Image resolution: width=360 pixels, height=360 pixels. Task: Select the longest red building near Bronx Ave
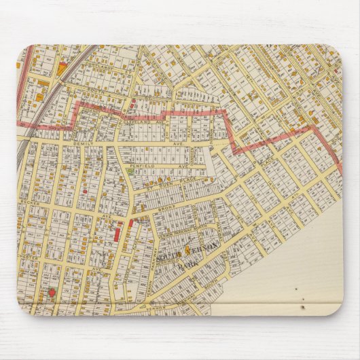coord(116,235)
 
